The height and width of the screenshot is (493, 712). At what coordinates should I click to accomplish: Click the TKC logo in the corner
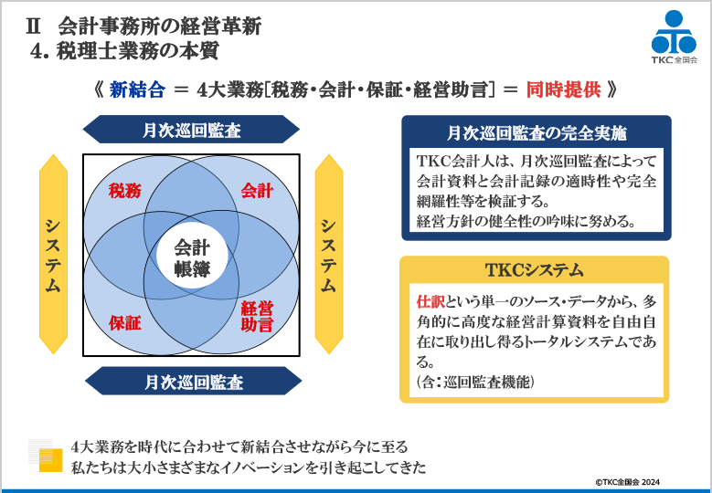coord(674,37)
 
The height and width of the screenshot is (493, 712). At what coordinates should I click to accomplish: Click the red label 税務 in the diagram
coord(125,191)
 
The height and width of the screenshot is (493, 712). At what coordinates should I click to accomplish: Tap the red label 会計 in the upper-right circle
coord(257,191)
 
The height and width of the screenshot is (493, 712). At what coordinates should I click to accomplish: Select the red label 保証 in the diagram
coord(125,323)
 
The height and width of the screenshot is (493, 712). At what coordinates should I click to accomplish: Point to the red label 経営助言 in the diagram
coord(257,317)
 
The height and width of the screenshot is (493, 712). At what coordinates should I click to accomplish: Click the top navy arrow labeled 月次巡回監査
coord(191,130)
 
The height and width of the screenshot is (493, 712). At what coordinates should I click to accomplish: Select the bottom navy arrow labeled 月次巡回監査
coord(194,382)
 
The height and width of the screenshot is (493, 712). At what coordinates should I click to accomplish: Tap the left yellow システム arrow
coord(53,254)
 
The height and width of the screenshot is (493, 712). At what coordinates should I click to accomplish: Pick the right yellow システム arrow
coord(328,254)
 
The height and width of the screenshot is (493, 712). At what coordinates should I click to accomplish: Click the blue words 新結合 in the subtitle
coord(137,89)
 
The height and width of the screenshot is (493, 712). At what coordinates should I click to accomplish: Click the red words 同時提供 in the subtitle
coord(564,89)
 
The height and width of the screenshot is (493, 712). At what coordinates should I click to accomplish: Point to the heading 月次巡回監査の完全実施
coord(537,133)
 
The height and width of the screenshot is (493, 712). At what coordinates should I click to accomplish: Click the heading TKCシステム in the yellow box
coord(534,270)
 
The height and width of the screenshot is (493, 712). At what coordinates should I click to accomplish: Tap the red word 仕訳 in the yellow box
coord(430,301)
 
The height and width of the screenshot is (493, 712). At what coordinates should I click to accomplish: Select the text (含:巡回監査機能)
coord(475,382)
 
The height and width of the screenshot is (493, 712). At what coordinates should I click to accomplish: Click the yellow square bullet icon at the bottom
coord(50,460)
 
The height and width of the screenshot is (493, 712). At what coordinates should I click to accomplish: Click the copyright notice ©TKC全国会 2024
coord(628,482)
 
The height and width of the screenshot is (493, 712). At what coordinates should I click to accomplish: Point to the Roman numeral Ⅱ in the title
coord(34,26)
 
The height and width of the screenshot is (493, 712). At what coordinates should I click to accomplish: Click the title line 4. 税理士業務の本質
coord(124,51)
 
